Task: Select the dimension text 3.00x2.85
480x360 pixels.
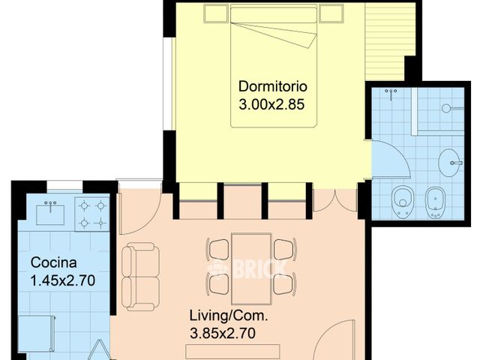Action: pos(271,105)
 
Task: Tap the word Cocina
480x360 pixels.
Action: pos(52,262)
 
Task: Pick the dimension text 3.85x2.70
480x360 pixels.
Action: pos(223,334)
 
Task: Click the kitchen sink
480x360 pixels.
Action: pos(51,213)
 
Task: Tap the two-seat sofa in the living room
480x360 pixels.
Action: pos(140,276)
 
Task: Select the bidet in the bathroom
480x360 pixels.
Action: pos(436,200)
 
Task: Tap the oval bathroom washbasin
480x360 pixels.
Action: pos(450,162)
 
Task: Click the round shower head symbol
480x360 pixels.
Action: pos(446,108)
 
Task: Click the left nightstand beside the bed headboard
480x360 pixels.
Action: pos(214,14)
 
